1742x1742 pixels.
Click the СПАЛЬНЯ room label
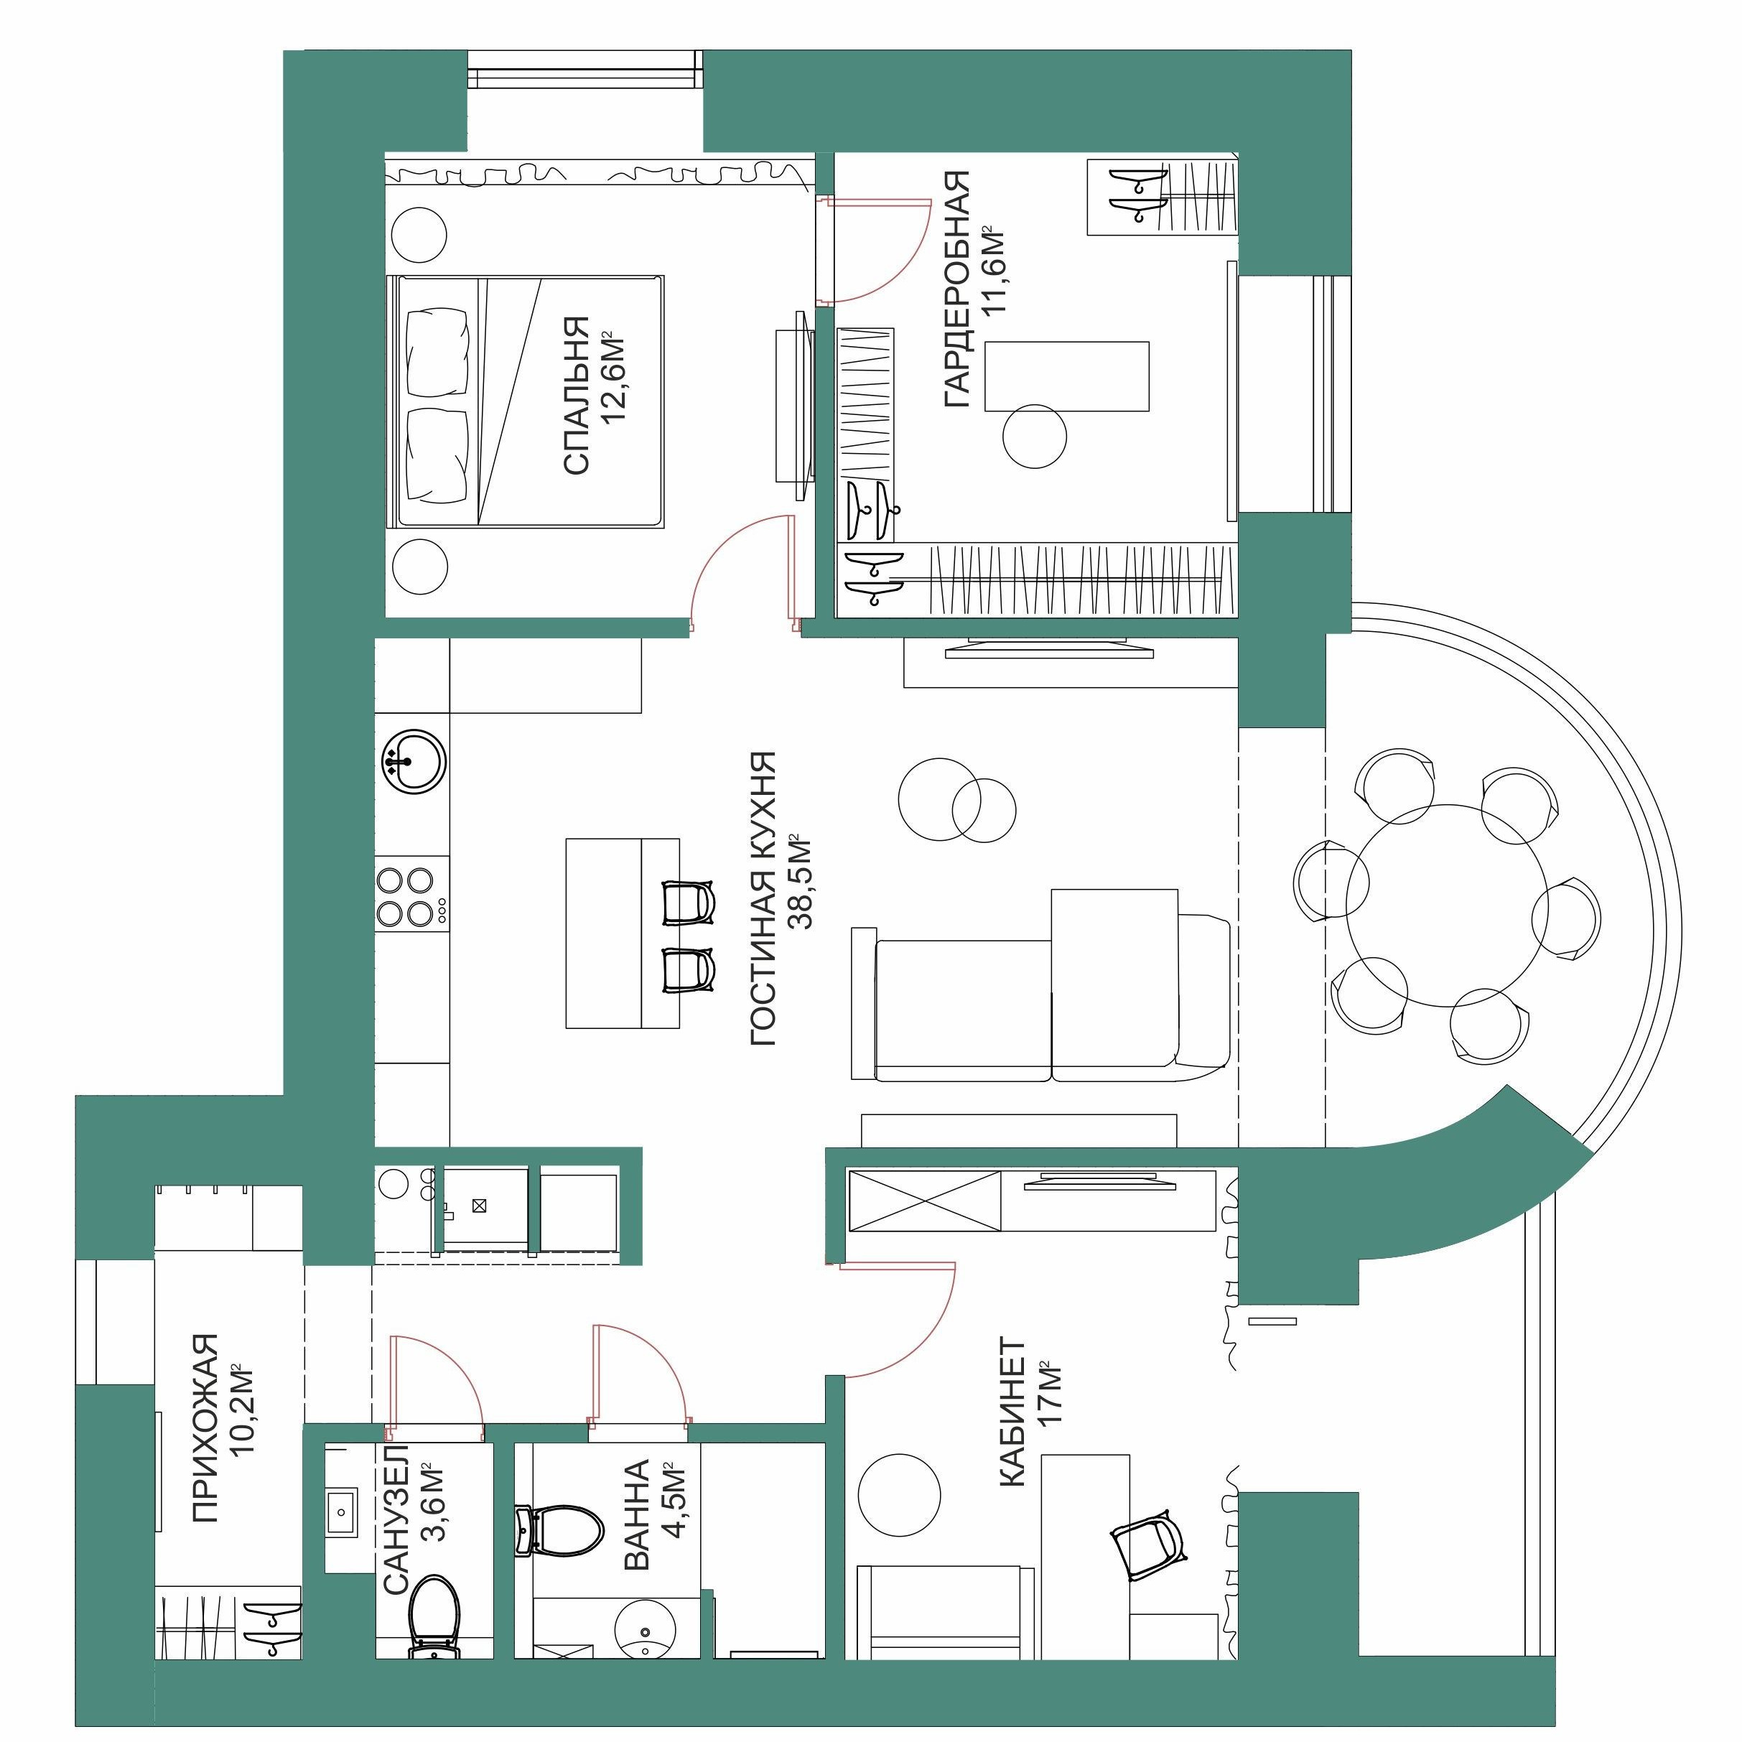576,395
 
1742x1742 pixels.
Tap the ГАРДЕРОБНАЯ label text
956,289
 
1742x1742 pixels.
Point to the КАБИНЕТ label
1012,1413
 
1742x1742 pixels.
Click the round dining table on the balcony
1446,906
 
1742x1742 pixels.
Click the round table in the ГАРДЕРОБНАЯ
1033,435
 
